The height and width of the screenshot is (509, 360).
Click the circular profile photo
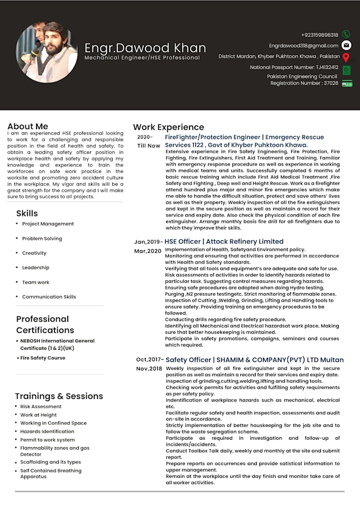tap(47, 52)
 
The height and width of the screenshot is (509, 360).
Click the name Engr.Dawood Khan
tap(142, 48)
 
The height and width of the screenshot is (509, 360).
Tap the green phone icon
tap(346, 34)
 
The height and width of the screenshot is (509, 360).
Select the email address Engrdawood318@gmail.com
tap(303, 46)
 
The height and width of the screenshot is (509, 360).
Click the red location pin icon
tap(346, 57)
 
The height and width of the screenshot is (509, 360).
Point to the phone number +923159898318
tap(319, 35)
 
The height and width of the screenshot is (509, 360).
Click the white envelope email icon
tap(346, 46)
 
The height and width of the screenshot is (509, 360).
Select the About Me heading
tap(28, 126)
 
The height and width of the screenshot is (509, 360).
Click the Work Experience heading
tap(168, 127)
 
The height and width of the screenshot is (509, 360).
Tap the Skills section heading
tap(27, 213)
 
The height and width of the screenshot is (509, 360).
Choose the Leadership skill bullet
tap(35, 268)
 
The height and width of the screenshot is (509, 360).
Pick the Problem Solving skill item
tap(42, 239)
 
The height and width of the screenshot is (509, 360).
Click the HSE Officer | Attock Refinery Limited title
tap(224, 241)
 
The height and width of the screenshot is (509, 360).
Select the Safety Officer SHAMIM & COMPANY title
tap(255, 360)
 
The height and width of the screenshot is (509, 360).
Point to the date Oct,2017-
tap(150, 360)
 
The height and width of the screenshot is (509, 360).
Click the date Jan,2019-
tap(148, 242)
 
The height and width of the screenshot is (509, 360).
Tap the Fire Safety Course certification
tap(43, 358)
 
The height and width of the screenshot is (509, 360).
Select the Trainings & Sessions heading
tap(59, 396)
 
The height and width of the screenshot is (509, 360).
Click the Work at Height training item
tap(39, 415)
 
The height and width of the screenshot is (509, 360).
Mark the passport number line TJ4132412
tap(294, 68)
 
